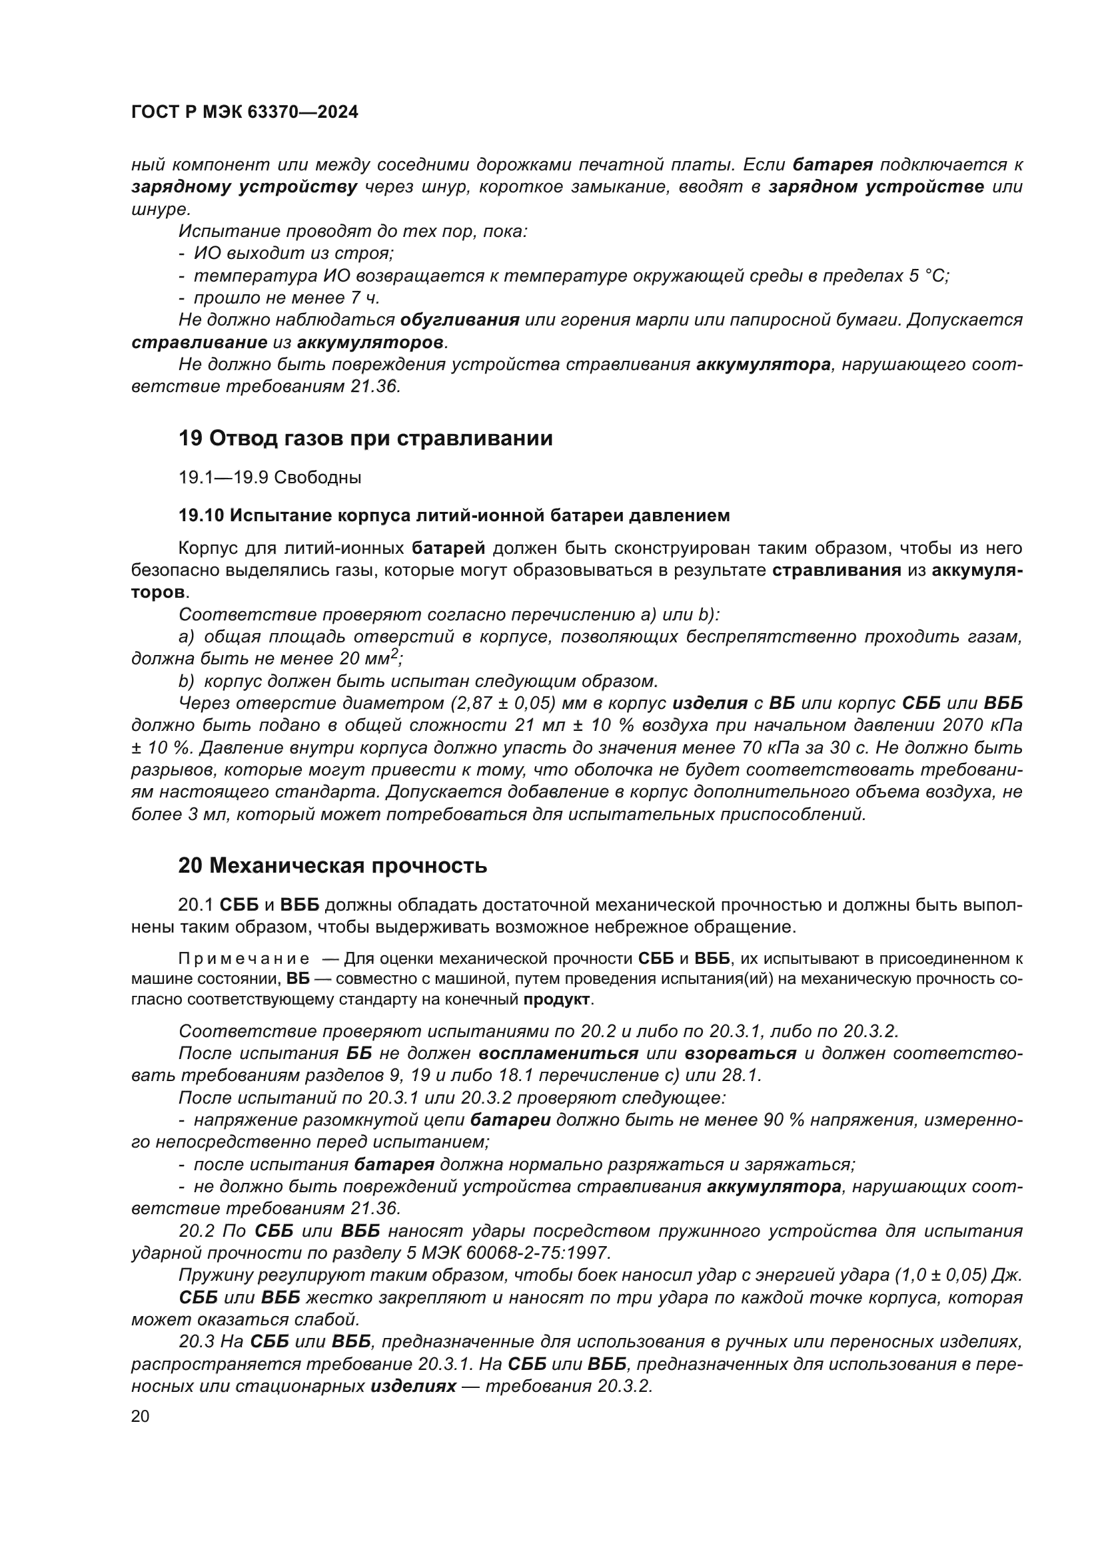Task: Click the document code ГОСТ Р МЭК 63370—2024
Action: [245, 112]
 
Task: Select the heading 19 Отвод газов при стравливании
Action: [365, 439]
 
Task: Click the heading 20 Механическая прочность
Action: [332, 866]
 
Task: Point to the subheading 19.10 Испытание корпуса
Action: [454, 515]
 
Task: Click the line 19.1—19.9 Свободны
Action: [269, 477]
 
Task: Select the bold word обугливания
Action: [460, 320]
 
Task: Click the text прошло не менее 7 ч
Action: [286, 298]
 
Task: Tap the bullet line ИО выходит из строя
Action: [293, 254]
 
